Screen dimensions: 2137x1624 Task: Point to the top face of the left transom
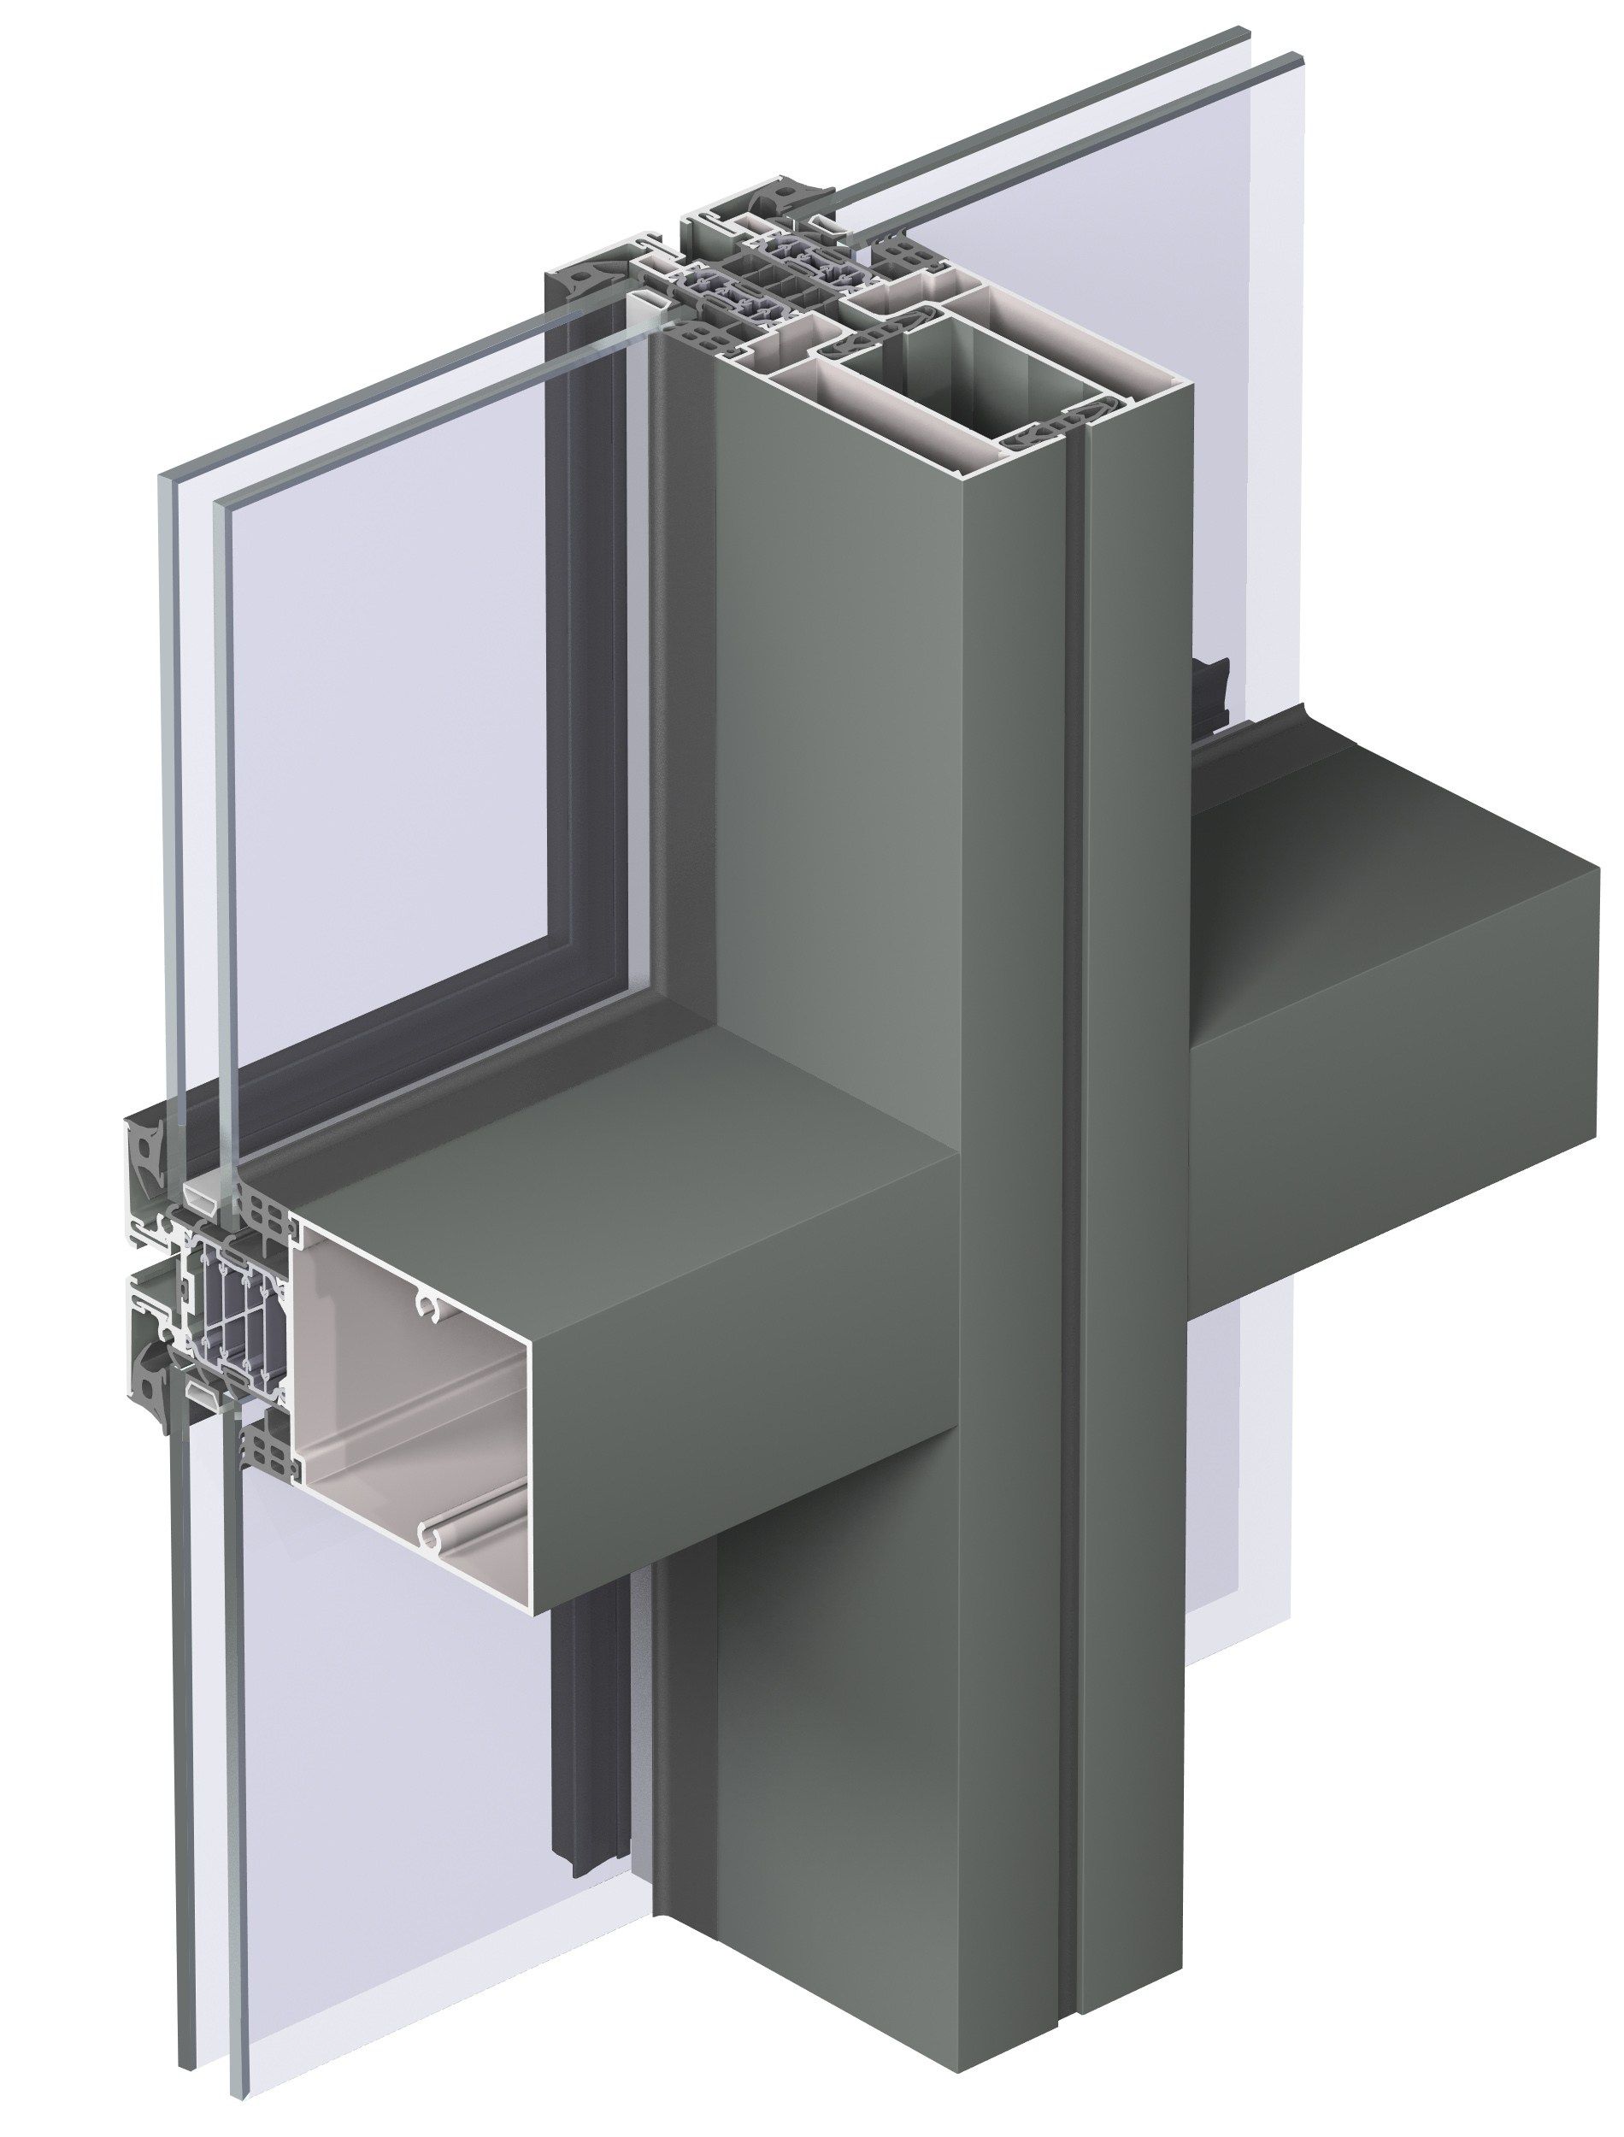(619, 1208)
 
